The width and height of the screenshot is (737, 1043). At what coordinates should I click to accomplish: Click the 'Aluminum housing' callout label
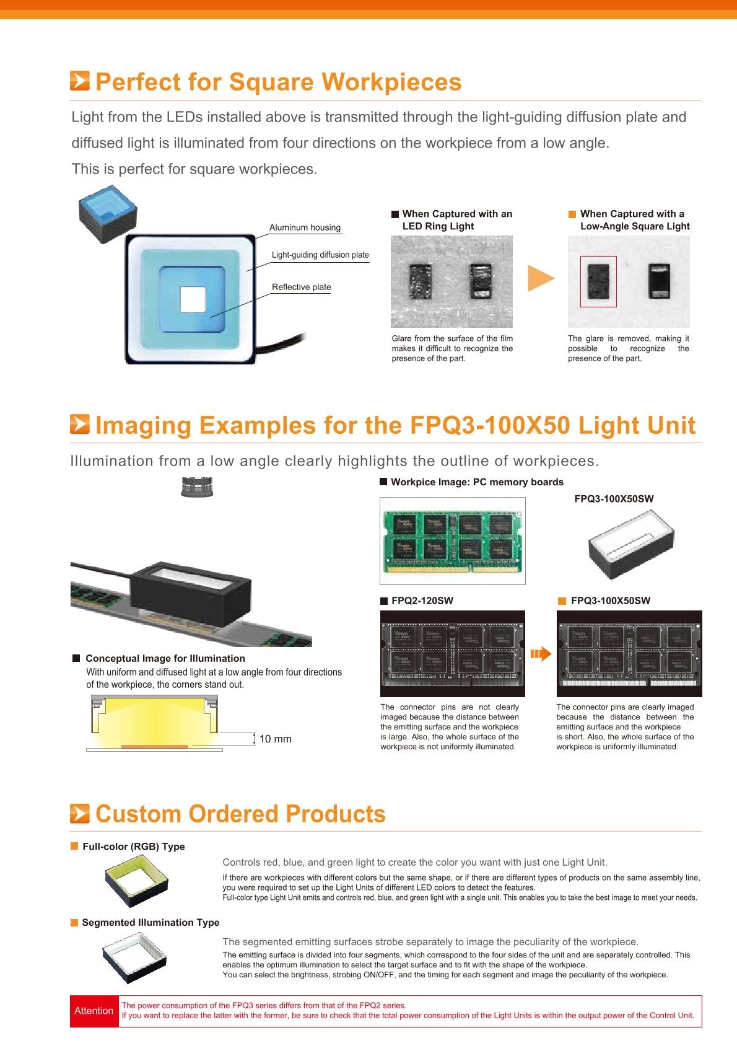pyautogui.click(x=305, y=227)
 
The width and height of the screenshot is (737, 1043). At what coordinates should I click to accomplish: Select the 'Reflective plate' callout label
pyautogui.click(x=302, y=287)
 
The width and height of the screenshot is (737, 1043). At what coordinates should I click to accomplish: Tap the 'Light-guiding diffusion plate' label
pyautogui.click(x=320, y=255)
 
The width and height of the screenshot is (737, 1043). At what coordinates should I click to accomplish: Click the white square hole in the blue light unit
pyautogui.click(x=193, y=300)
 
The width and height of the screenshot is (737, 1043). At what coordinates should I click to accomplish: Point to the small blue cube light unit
pyautogui.click(x=108, y=214)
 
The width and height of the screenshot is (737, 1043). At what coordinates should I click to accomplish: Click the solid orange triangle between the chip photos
pyautogui.click(x=541, y=278)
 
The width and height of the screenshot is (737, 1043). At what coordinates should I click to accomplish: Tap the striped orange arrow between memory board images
pyautogui.click(x=541, y=654)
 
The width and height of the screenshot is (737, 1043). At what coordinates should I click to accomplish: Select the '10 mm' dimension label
pyautogui.click(x=276, y=739)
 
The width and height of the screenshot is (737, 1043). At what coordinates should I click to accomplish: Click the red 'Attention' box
pyautogui.click(x=94, y=1011)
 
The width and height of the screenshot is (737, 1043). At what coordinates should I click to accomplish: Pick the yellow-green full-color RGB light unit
pyautogui.click(x=136, y=881)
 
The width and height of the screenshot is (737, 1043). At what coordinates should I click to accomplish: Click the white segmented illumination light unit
pyautogui.click(x=134, y=957)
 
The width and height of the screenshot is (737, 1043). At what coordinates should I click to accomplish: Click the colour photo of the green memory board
pyautogui.click(x=453, y=541)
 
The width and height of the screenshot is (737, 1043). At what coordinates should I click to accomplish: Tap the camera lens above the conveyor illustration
pyautogui.click(x=197, y=487)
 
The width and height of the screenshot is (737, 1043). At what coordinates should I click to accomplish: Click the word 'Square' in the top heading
pyautogui.click(x=271, y=82)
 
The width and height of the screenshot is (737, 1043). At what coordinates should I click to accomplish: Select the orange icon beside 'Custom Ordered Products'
pyautogui.click(x=79, y=814)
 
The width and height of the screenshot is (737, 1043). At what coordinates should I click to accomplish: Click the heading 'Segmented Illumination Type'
pyautogui.click(x=150, y=922)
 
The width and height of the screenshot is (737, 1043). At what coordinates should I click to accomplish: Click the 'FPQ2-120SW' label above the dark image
pyautogui.click(x=422, y=601)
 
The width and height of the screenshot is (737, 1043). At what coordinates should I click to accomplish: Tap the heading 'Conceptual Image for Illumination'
pyautogui.click(x=165, y=658)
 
